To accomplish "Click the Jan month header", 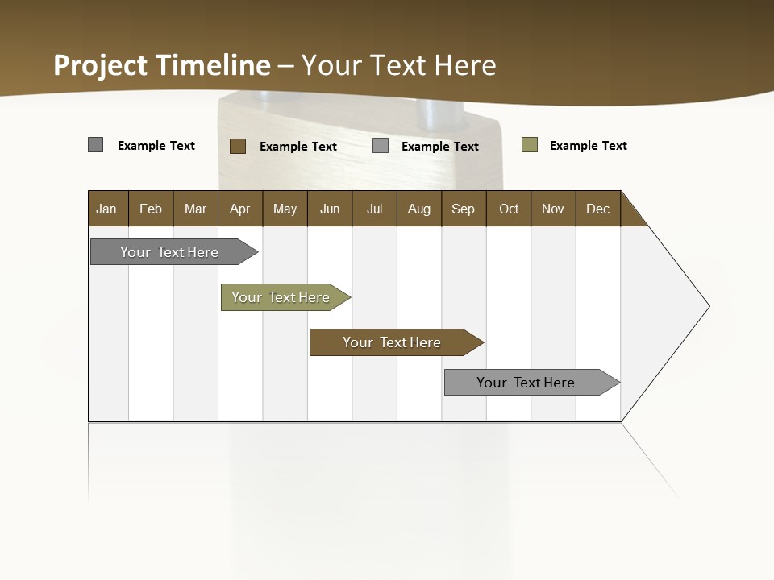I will point(106,209).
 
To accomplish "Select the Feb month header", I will point(151,209).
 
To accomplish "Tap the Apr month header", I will point(240,209).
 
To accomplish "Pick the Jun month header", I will point(330,209).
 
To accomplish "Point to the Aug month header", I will point(419,209).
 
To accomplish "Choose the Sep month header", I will point(464,209).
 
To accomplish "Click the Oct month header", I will point(509,209).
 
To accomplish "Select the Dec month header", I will point(598,209).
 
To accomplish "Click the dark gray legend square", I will point(96,145).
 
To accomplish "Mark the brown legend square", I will point(238,146).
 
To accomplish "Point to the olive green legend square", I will point(530,145).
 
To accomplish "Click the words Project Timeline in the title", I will point(162,65).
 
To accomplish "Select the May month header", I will point(285,209).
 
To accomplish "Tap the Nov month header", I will point(553,209).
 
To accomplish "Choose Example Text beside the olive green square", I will point(588,146).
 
